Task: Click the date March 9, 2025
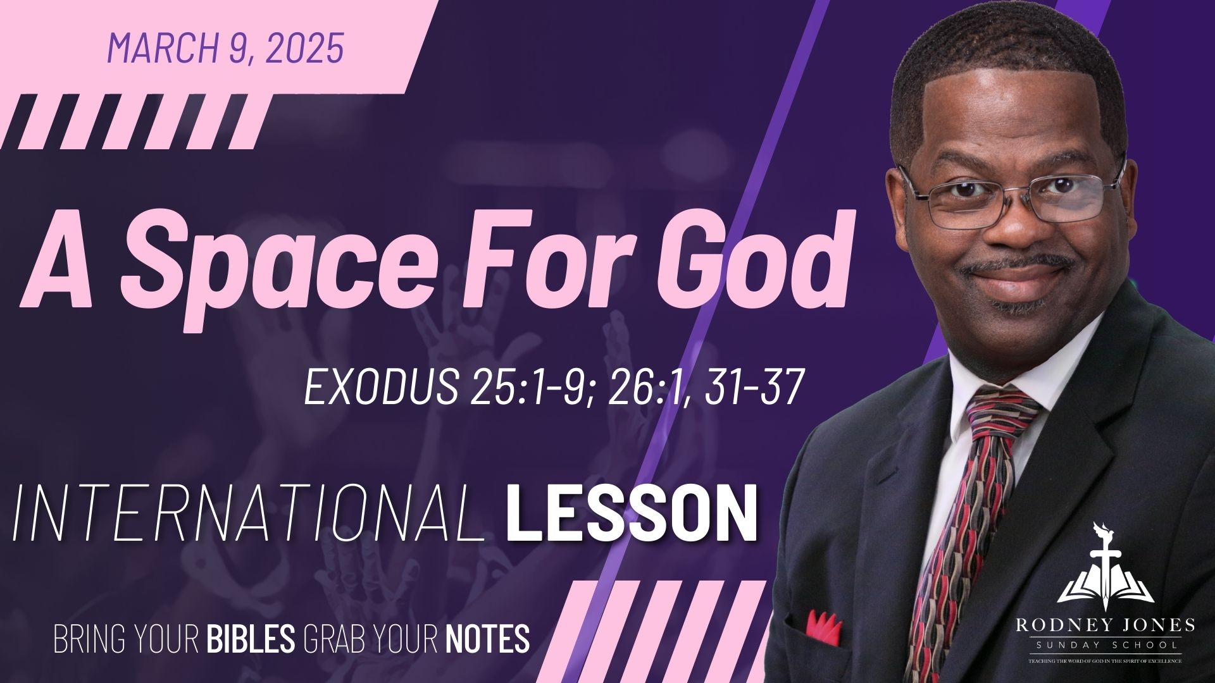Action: [x=226, y=47]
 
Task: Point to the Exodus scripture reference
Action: [x=554, y=387]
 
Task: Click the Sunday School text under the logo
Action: [x=1105, y=646]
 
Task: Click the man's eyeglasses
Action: [x=1012, y=196]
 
